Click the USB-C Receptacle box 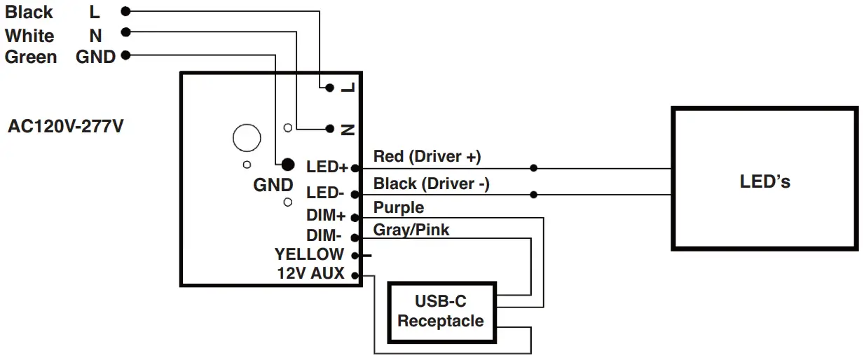[441, 312]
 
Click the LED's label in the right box [764, 181]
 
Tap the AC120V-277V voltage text [65, 127]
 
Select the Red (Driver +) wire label [427, 156]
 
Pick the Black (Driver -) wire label [431, 184]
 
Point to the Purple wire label [398, 207]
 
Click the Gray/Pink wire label [411, 229]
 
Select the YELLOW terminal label [309, 254]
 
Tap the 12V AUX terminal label [311, 274]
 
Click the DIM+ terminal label [326, 216]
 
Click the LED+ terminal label [327, 167]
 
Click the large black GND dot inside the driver [287, 165]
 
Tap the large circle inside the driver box [247, 138]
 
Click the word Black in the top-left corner [29, 12]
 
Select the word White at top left [29, 35]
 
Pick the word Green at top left [31, 57]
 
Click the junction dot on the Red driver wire [534, 168]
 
